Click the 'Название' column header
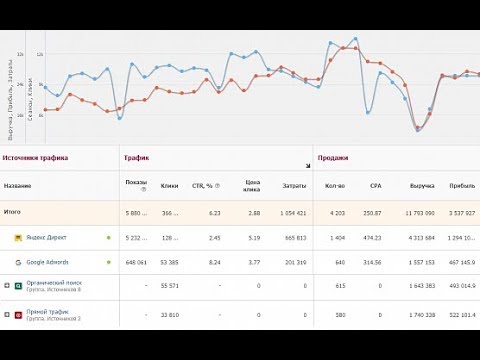(x=17, y=186)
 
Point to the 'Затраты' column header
(x=294, y=186)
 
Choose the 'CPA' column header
(x=376, y=186)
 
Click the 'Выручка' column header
(x=422, y=186)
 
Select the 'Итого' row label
(x=12, y=212)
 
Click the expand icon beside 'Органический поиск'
(x=7, y=286)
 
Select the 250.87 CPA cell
(x=372, y=213)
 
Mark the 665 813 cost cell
(x=294, y=238)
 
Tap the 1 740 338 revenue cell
(x=418, y=314)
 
